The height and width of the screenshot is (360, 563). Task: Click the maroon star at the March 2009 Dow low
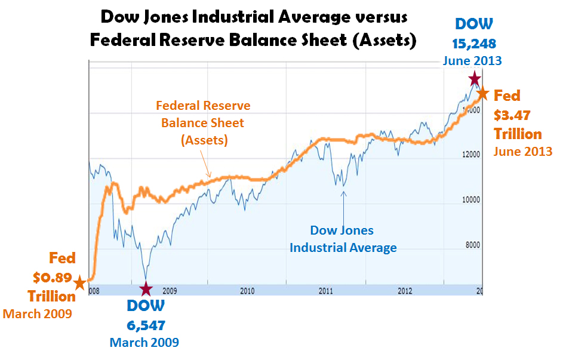click(146, 290)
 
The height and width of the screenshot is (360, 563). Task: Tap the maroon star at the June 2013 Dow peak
click(474, 79)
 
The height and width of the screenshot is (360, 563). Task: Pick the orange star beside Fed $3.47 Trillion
click(482, 94)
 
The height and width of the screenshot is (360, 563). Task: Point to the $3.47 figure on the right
click(512, 115)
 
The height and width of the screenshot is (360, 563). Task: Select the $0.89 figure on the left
click(51, 278)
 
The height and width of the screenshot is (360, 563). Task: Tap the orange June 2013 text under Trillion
click(523, 152)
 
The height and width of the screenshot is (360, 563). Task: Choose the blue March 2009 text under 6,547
click(144, 342)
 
